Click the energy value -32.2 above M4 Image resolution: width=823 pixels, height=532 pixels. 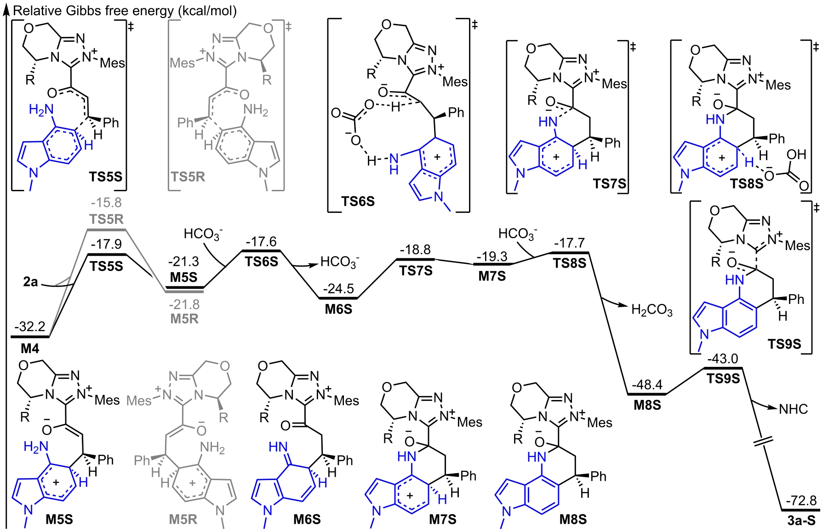pyautogui.click(x=30, y=326)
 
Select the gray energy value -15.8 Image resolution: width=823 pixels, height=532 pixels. pyautogui.click(x=106, y=202)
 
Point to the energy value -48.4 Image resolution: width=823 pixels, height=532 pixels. pyautogui.click(x=647, y=385)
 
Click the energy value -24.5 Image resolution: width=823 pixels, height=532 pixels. pyautogui.click(x=338, y=289)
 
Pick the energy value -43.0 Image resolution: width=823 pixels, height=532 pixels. pyautogui.click(x=723, y=358)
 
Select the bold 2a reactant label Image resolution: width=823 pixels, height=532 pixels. pyautogui.click(x=30, y=281)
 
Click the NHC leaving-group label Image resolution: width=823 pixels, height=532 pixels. pyautogui.click(x=793, y=409)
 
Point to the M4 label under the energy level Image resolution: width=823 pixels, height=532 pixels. pyautogui.click(x=30, y=349)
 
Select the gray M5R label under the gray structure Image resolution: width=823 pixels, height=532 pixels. pyautogui.click(x=183, y=520)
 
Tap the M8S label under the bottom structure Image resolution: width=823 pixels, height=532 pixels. pyautogui.click(x=573, y=520)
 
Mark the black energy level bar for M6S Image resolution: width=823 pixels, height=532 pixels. pyautogui.click(x=338, y=298)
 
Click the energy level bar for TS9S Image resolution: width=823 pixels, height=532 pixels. pyautogui.click(x=723, y=368)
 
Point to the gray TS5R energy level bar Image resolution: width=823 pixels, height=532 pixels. pyautogui.click(x=107, y=229)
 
